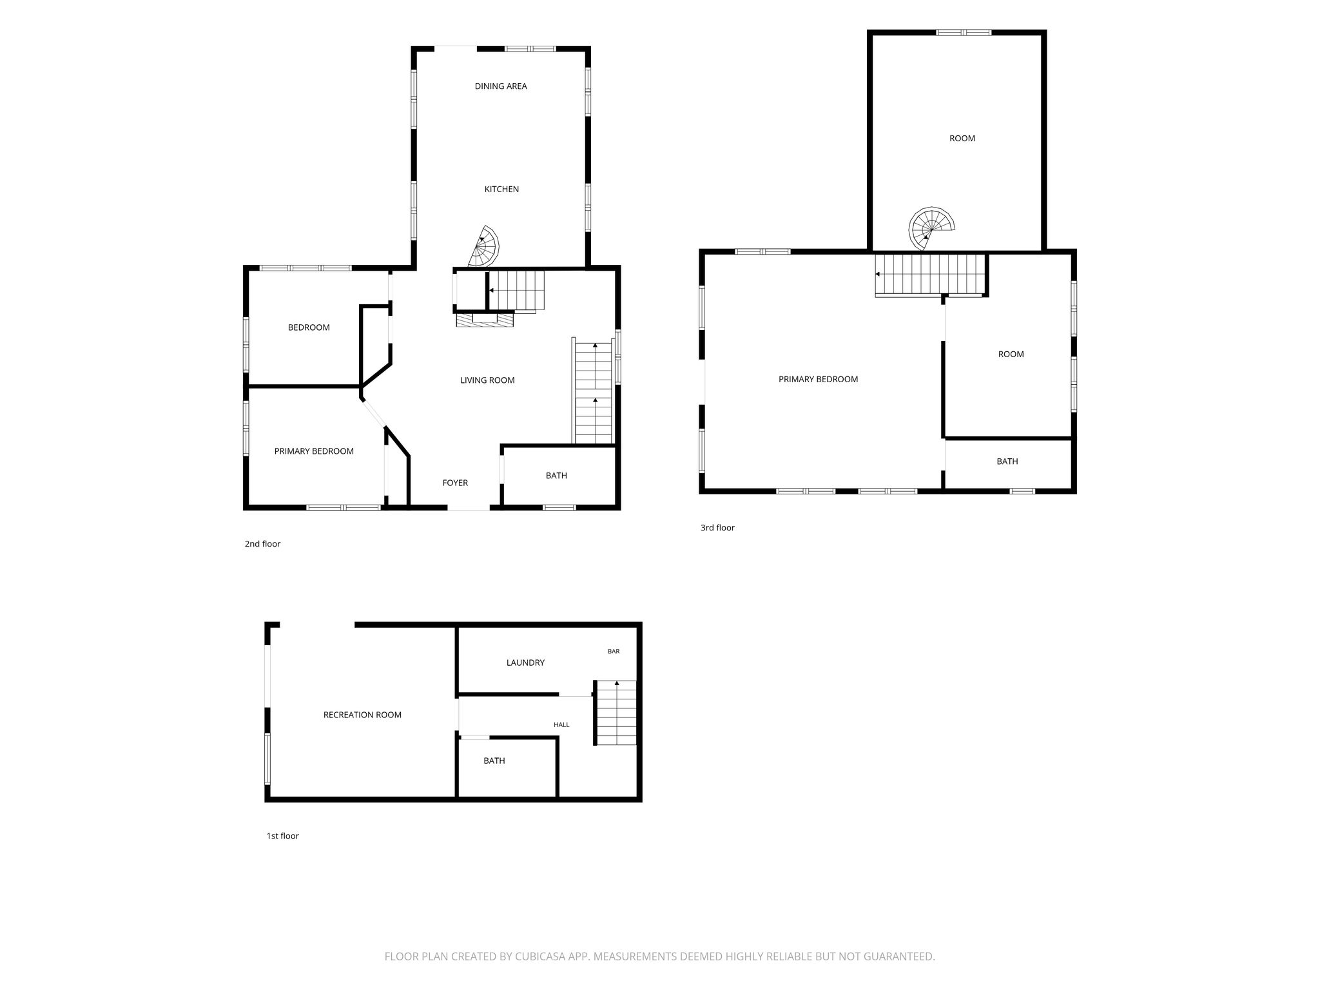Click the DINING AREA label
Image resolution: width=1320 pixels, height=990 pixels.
pos(501,86)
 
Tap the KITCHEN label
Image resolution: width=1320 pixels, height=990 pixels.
pos(501,189)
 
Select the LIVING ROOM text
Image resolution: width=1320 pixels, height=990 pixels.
pos(487,380)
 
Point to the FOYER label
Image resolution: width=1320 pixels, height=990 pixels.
pos(455,483)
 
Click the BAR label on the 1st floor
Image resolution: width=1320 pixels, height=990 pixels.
pos(614,652)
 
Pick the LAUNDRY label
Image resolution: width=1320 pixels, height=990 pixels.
pos(525,663)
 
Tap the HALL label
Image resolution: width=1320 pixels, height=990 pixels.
pos(561,725)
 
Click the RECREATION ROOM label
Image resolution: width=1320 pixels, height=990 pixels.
pos(362,715)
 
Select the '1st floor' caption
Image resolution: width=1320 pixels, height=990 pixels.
pos(283,836)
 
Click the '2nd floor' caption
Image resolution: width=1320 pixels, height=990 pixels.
pos(262,544)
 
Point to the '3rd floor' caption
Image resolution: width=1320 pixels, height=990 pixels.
pos(717,528)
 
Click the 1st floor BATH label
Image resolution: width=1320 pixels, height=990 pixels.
pos(494,761)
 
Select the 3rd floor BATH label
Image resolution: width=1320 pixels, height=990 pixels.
pos(1007,461)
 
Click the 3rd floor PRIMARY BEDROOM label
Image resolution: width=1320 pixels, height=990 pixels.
pos(818,380)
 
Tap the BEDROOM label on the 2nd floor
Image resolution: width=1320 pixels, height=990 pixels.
pos(309,327)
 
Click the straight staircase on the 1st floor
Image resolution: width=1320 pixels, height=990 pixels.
pos(615,712)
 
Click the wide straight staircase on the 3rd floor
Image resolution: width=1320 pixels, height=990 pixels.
pos(931,275)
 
